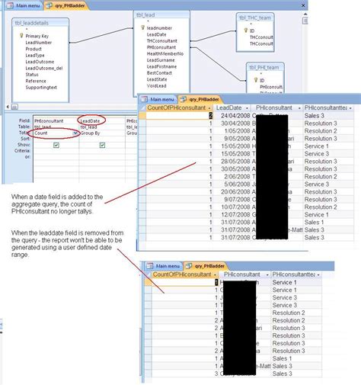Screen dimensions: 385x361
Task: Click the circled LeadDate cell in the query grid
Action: [x=91, y=120]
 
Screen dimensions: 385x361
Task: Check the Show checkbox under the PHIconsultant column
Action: [x=56, y=145]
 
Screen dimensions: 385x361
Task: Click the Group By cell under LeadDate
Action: [x=90, y=133]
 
